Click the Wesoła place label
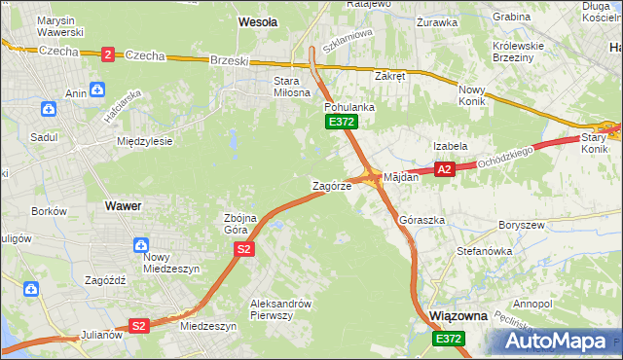(x=258, y=20)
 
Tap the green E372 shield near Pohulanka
(x=342, y=122)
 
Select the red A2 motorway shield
(x=445, y=169)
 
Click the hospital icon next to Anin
(x=96, y=90)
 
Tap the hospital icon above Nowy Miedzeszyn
(x=142, y=246)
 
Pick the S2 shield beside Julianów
(x=140, y=326)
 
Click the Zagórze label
(x=330, y=185)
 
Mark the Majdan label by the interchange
(x=401, y=178)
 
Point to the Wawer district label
(x=123, y=206)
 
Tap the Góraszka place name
(x=421, y=221)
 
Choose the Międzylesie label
(x=144, y=141)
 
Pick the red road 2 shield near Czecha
(x=107, y=54)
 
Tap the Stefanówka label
(x=485, y=251)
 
